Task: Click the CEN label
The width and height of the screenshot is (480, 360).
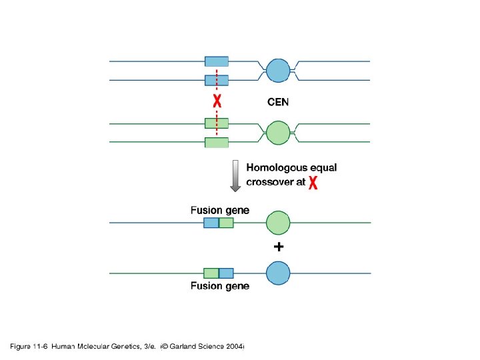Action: (278, 102)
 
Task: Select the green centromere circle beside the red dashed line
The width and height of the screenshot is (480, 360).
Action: (278, 132)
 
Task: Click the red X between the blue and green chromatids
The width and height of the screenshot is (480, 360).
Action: (217, 102)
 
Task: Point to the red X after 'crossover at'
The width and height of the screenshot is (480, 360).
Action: (313, 183)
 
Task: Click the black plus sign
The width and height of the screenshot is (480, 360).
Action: (279, 247)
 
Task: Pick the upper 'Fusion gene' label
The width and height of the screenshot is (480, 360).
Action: (220, 210)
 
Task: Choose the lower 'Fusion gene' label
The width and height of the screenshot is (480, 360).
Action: (220, 286)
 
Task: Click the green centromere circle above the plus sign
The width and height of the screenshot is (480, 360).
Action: (278, 223)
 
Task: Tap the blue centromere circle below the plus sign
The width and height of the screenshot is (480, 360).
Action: (278, 273)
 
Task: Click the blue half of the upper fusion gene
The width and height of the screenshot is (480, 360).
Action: (211, 223)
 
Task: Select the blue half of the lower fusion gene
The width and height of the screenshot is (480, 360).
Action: (226, 273)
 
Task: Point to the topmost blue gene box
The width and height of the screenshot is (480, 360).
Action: (217, 61)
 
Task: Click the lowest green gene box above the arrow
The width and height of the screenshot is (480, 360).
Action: (217, 142)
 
